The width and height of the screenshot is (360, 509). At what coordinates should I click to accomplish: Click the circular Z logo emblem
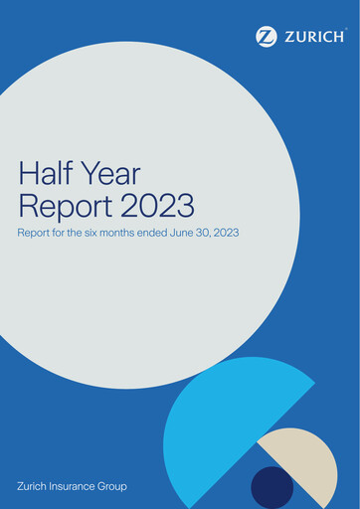click(x=267, y=37)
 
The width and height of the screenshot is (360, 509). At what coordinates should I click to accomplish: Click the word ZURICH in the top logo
click(x=312, y=37)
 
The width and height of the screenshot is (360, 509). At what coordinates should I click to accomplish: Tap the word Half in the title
click(x=46, y=175)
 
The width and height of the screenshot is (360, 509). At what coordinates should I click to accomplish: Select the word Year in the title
click(x=114, y=175)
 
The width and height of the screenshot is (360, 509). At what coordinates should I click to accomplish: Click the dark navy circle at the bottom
click(x=271, y=488)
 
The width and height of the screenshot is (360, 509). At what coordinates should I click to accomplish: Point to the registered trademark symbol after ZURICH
click(x=345, y=31)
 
